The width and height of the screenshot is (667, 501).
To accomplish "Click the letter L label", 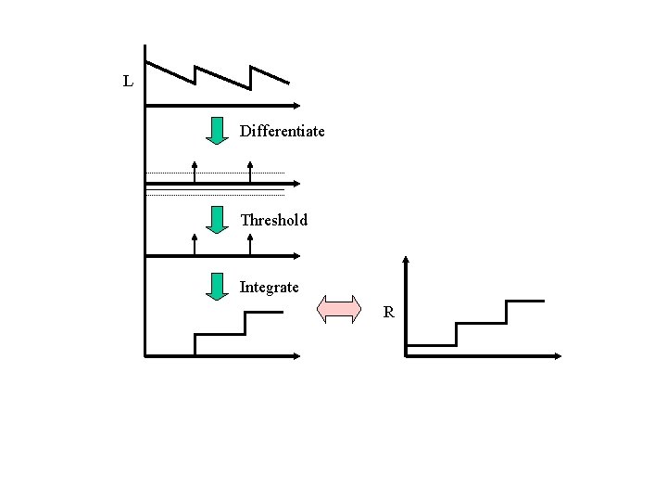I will [128, 82].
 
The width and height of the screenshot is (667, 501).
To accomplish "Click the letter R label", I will [389, 313].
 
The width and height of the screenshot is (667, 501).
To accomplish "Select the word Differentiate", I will [283, 131].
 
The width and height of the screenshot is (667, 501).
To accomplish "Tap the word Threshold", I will [273, 220].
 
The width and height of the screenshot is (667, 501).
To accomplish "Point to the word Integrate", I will [270, 287].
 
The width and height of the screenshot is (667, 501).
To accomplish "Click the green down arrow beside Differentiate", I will [217, 131].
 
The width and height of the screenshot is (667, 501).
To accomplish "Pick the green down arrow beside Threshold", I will [217, 220].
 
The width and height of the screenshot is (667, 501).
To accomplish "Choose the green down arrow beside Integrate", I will [217, 287].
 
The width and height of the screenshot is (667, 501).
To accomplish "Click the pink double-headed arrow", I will [339, 308].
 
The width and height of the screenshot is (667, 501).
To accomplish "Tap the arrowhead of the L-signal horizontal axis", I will [294, 105].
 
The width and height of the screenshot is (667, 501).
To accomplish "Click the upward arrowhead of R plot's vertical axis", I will [406, 261].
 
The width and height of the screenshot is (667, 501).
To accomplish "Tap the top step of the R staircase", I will [524, 301].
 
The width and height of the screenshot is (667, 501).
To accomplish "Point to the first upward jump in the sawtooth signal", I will [195, 75].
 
